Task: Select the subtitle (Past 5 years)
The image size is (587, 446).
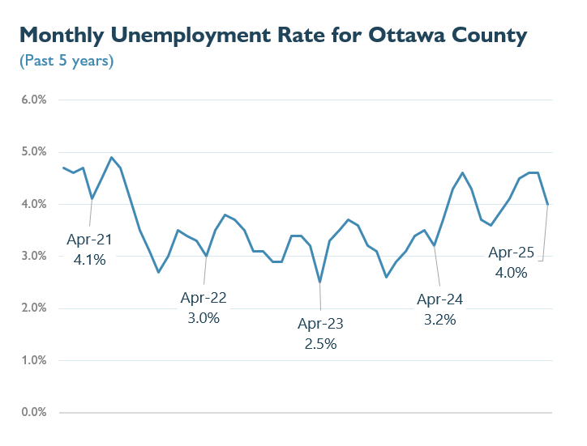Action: tap(66, 61)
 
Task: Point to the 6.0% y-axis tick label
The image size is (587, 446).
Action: tap(33, 100)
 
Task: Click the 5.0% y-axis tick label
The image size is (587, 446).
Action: tap(33, 152)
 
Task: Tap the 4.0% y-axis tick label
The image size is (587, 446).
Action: tap(33, 204)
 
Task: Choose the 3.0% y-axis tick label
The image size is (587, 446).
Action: tap(33, 257)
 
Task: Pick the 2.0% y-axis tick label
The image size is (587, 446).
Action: tap(33, 308)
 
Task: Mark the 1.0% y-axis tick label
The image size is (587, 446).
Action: tap(33, 360)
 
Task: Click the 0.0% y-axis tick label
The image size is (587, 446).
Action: tap(33, 413)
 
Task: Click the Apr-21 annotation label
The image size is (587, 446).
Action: tap(89, 240)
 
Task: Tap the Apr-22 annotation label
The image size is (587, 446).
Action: tap(204, 297)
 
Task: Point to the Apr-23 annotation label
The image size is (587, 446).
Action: tap(320, 324)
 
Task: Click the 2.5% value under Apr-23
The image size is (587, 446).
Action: tap(320, 343)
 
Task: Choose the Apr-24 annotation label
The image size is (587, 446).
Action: tap(439, 299)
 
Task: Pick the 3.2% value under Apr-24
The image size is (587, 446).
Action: tap(439, 319)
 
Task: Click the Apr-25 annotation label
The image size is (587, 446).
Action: tap(511, 253)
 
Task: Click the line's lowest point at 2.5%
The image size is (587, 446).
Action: tap(320, 282)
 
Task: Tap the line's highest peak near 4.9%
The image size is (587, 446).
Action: tap(111, 157)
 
